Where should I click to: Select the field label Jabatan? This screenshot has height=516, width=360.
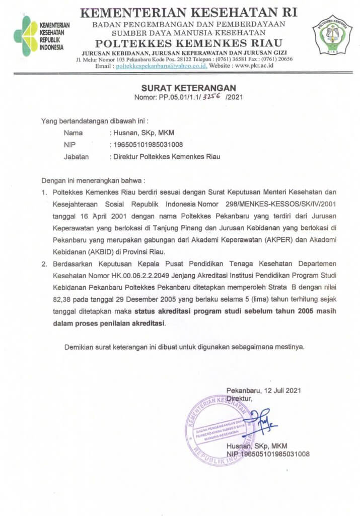pos(76,156)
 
